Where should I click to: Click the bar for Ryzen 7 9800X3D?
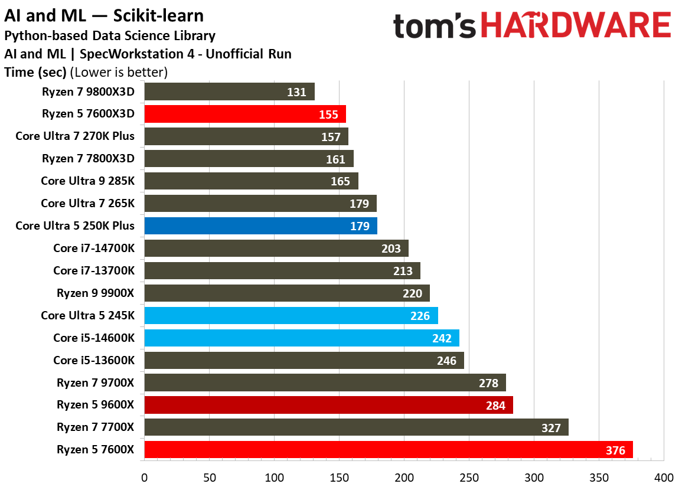point(229,91)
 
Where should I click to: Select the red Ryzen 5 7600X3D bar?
point(244,114)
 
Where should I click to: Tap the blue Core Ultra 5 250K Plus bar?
point(260,226)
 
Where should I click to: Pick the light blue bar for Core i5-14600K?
point(301,338)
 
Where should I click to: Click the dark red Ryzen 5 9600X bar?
point(328,405)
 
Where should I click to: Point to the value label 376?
point(615,450)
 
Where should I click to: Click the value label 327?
point(551,428)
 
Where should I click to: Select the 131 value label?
point(297,92)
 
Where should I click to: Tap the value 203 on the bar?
point(391,249)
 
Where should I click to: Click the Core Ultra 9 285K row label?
point(87,181)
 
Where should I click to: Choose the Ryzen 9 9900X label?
point(96,293)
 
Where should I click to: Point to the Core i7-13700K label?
point(94,270)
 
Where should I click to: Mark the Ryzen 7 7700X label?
point(96,427)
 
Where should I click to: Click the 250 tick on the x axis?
point(469,477)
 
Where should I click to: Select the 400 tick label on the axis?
point(664,477)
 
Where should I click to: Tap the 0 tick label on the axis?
point(144,477)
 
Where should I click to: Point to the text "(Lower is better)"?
point(119,73)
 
